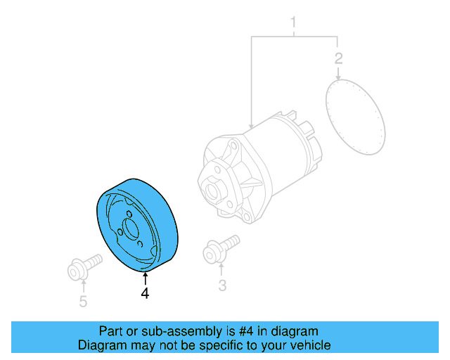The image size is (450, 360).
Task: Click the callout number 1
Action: (294, 26)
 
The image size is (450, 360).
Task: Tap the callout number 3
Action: (222, 285)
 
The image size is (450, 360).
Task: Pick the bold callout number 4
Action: (145, 294)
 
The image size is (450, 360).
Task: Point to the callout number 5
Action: (83, 302)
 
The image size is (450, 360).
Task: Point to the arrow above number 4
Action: (145, 278)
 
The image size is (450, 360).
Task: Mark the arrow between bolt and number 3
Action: (222, 269)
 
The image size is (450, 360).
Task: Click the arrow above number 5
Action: (83, 285)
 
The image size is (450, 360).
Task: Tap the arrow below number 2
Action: (338, 72)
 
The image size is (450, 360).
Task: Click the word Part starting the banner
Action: (111, 331)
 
